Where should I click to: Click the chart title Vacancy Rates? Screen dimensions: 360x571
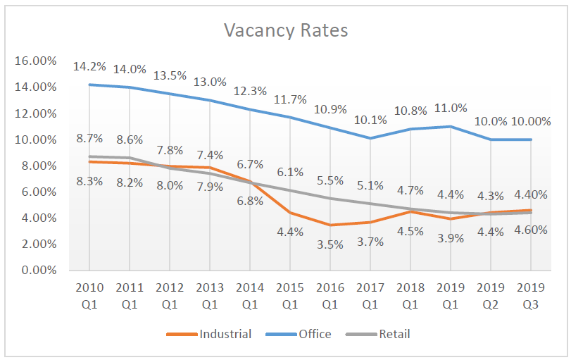click(x=285, y=30)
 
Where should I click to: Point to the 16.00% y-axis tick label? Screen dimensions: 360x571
click(x=35, y=61)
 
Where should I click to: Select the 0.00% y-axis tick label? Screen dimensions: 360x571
click(x=38, y=270)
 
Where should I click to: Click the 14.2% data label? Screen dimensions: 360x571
click(x=89, y=68)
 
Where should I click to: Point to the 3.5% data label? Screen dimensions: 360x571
click(x=330, y=244)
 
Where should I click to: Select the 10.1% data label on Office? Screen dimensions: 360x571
click(x=370, y=120)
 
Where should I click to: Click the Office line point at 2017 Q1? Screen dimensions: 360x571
click(x=370, y=138)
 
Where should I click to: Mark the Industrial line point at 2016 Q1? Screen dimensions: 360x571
click(x=330, y=225)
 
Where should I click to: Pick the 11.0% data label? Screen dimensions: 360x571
click(x=450, y=108)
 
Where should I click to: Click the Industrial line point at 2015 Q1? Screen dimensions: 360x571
click(x=289, y=213)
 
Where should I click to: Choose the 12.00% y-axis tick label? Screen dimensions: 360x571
click(x=35, y=113)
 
